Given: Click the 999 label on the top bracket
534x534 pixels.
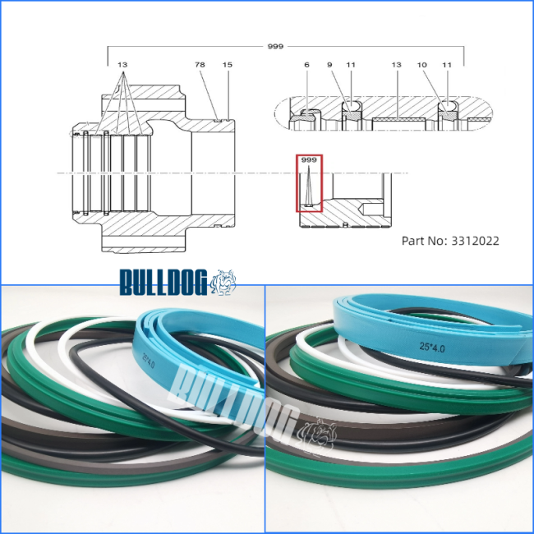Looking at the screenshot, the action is pos(275,46).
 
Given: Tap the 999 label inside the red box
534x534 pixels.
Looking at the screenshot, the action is pos(309,159).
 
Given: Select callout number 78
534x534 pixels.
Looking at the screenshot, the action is pos(200,64).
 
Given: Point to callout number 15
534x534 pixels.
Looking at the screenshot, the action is pos(227,64).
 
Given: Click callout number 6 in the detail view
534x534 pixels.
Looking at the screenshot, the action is pos(307,64).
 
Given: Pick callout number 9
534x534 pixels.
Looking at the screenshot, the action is pos(329,64).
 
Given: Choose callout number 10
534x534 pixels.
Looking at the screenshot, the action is pos(422,64).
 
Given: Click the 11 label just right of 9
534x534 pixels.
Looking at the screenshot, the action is pos(351,64).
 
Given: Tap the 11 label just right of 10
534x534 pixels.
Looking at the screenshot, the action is pos(447,64).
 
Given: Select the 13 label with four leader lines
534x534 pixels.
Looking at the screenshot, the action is pos(122,64).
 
